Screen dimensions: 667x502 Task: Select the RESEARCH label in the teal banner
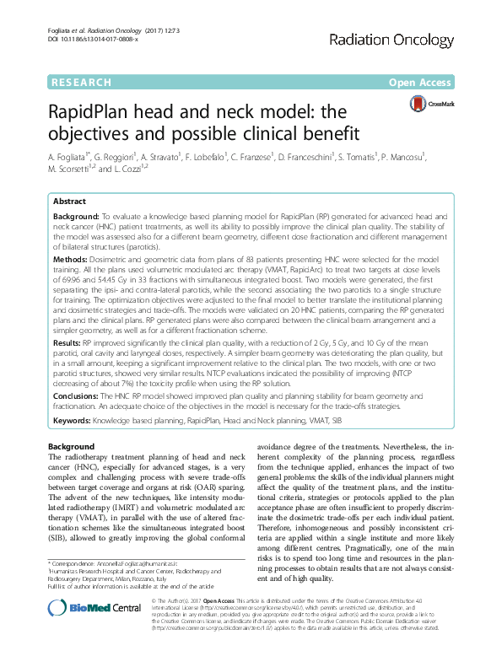pyautogui.click(x=81, y=83)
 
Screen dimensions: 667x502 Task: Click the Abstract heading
pyautogui.click(x=69, y=202)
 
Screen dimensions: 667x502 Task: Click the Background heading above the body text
pyautogui.click(x=72, y=445)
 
